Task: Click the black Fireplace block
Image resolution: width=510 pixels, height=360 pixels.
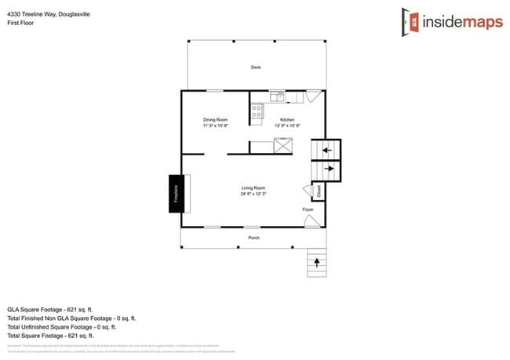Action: [x=176, y=193]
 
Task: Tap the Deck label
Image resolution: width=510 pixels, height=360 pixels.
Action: [x=256, y=67]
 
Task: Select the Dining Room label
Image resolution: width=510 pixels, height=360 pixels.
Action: [x=215, y=119]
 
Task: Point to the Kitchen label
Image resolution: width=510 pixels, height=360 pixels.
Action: [x=288, y=119]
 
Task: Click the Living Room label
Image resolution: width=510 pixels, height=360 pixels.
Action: [x=253, y=188]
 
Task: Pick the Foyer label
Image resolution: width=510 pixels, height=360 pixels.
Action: [x=308, y=209]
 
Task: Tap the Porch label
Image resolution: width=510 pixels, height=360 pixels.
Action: [x=253, y=238]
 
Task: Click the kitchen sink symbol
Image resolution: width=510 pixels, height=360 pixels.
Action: [x=276, y=97]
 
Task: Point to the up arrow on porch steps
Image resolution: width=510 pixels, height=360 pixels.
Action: [x=317, y=261]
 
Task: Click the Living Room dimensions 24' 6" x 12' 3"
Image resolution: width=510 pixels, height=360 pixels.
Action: [x=253, y=194]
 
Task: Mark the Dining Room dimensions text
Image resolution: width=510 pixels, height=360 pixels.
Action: [x=215, y=125]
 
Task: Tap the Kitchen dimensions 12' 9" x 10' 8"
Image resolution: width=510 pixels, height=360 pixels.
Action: [x=288, y=125]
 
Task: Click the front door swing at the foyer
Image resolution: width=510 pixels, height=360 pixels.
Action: [x=311, y=222]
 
